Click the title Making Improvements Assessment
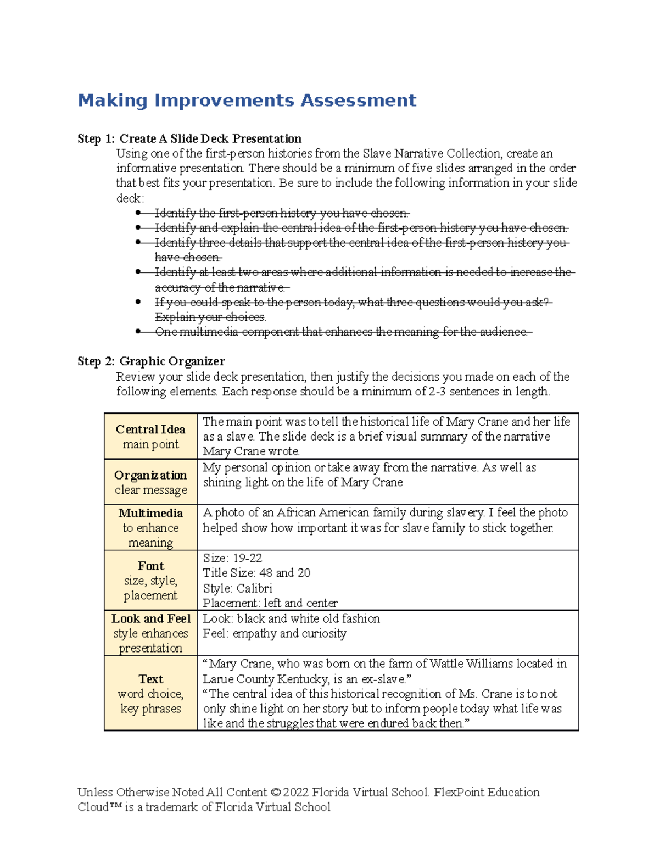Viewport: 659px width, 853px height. [x=247, y=101]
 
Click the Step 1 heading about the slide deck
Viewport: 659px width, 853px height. [x=189, y=138]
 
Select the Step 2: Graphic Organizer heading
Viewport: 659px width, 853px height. [x=151, y=361]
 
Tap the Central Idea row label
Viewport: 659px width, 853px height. [x=150, y=430]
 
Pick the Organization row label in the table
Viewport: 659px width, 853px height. [x=150, y=475]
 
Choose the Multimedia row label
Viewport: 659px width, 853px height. [x=150, y=513]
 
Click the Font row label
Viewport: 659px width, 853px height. [x=150, y=566]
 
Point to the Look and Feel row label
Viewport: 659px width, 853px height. [x=150, y=618]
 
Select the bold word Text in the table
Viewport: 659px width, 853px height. [x=150, y=679]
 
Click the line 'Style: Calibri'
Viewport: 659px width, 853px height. [x=237, y=588]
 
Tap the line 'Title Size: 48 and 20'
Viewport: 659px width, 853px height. [x=256, y=573]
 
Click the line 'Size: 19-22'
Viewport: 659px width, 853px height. [x=232, y=558]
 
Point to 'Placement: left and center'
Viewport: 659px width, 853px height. [x=270, y=603]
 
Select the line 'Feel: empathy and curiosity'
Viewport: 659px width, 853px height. [x=275, y=633]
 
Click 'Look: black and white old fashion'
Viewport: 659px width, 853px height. [x=291, y=618]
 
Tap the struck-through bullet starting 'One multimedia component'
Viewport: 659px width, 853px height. [x=343, y=332]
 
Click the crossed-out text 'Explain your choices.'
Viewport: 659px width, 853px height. [x=210, y=317]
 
